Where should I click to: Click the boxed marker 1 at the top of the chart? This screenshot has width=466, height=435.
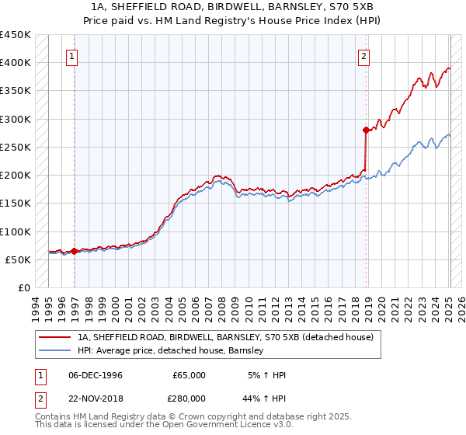[71, 55]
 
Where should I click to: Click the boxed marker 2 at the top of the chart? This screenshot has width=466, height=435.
[363, 55]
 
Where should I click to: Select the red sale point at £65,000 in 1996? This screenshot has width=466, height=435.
[75, 251]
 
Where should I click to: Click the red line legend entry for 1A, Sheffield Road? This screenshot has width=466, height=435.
[225, 337]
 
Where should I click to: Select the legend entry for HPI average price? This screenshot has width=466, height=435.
[171, 350]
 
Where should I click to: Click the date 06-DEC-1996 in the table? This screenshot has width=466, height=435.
[96, 375]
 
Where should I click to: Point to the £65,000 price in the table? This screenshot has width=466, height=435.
[189, 375]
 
